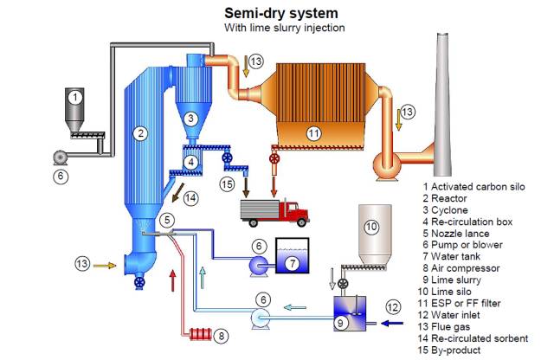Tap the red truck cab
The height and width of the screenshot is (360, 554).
click(294, 211)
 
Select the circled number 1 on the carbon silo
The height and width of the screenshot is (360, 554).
click(75, 97)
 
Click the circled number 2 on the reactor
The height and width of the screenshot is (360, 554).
click(138, 132)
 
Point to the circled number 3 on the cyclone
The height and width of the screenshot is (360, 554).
click(194, 118)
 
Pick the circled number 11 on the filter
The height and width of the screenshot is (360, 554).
click(313, 132)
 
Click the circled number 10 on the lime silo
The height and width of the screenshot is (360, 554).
click(370, 228)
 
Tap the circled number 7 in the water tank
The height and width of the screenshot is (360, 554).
click(293, 260)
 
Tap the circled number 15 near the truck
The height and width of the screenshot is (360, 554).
click(227, 185)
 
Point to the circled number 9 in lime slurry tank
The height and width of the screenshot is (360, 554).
click(343, 323)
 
